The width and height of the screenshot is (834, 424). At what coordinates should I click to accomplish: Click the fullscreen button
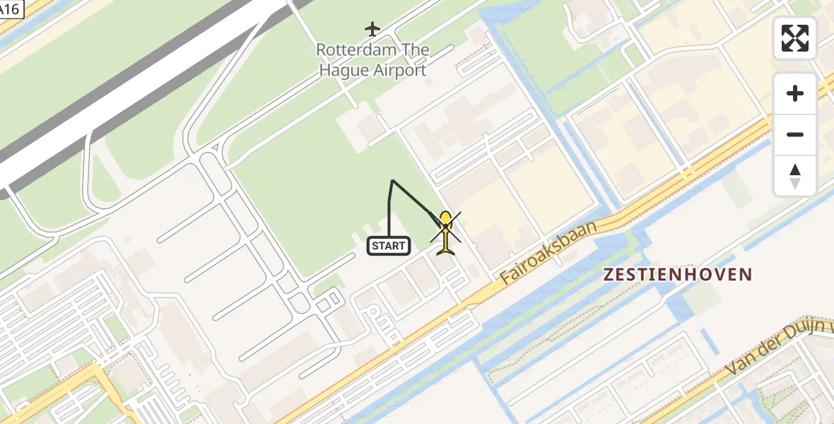(795, 38)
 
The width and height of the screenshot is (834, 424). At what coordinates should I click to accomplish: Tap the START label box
(389, 246)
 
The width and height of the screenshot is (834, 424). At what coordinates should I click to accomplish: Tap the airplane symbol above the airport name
(372, 29)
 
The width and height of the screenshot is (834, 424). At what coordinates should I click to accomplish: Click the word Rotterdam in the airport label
(349, 50)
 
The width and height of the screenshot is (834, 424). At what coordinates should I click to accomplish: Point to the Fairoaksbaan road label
(548, 252)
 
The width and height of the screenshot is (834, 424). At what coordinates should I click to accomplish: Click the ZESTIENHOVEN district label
(678, 274)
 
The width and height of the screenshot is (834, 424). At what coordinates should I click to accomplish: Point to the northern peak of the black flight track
(392, 181)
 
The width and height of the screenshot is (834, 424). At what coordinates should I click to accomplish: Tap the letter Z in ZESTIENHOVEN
(609, 274)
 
